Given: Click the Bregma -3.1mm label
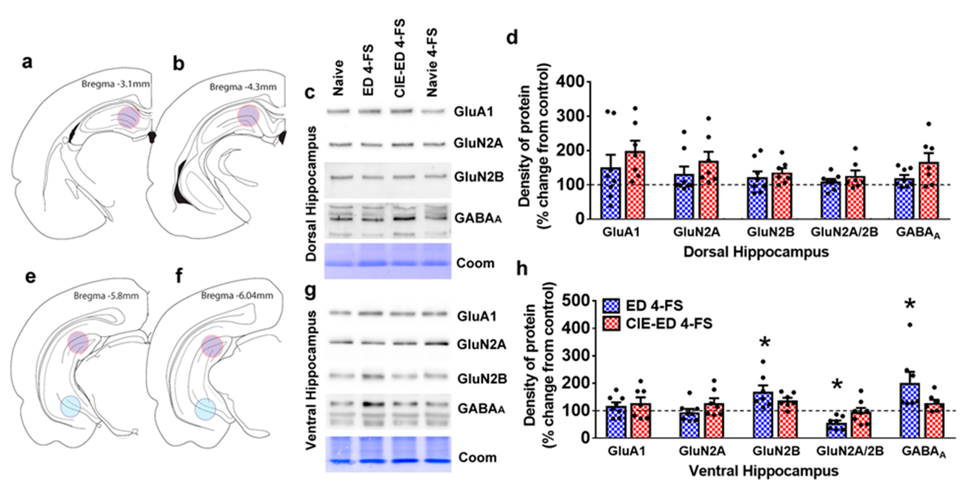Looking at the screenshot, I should click(x=115, y=84).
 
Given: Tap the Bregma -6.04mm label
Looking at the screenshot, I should click(x=237, y=295).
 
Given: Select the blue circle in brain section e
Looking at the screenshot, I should click(x=70, y=406).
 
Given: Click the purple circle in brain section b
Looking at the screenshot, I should click(x=248, y=116).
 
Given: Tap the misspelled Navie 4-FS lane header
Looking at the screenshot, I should click(x=431, y=62).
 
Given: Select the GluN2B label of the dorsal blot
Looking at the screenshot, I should click(x=479, y=177).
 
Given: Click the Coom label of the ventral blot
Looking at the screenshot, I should click(x=477, y=457).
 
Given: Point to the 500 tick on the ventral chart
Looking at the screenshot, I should click(x=576, y=301).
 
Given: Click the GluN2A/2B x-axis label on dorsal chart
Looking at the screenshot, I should click(x=844, y=232).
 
